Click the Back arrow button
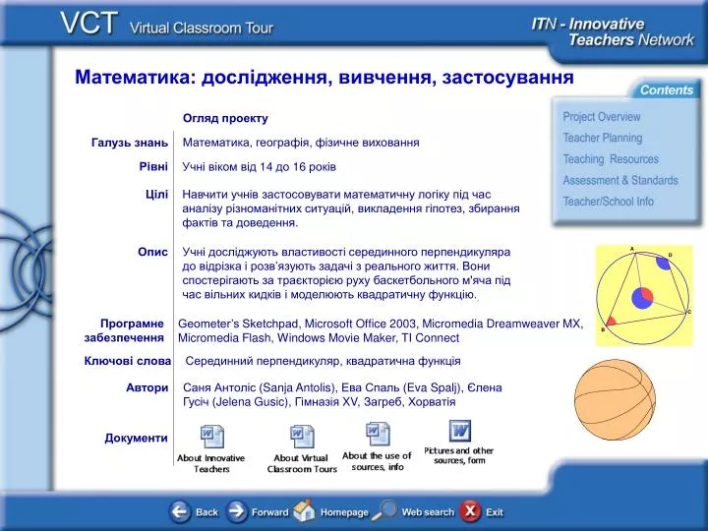coord(180,511)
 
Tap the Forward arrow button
coord(237,511)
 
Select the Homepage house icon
coord(304,510)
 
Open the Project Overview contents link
coord(602,117)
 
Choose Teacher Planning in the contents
coord(603,138)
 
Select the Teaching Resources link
coord(611,159)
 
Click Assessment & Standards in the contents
coord(620,180)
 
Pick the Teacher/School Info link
coord(609,202)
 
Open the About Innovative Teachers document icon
coord(211,437)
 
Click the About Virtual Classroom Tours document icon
coord(302,437)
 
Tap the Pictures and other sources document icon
coord(460,431)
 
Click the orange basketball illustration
coord(615,400)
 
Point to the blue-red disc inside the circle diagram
coord(642,298)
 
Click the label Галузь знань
coord(130,143)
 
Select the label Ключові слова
coord(127,361)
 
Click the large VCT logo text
coord(88,23)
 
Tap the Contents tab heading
coord(667,89)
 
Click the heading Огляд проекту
coord(225,118)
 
